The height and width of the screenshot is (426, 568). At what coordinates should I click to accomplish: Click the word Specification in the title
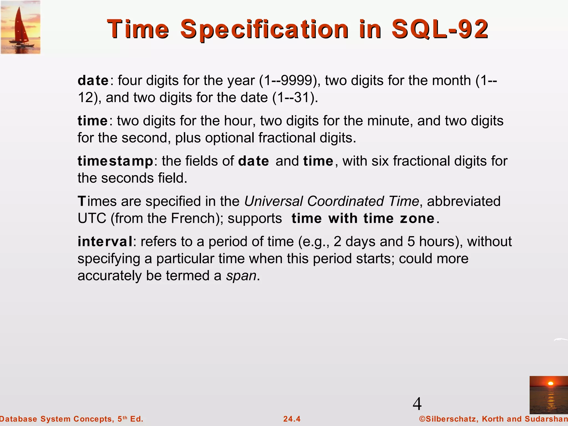pos(264,29)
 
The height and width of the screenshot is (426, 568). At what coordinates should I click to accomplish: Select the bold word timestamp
pos(115,161)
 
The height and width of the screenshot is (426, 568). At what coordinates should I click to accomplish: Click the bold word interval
pos(105,242)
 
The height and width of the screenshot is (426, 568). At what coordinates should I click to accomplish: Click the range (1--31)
pos(295,98)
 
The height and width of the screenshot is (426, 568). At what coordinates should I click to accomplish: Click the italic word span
pos(241,276)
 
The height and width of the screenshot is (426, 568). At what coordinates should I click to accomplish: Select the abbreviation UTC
pos(92,218)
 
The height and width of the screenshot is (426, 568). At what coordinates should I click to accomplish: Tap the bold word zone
pos(417,218)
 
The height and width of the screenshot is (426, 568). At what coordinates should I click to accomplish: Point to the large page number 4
pos(417,404)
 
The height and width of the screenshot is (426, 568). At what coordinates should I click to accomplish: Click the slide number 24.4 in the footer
pos(292,419)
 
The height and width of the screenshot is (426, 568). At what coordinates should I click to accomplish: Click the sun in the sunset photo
pos(551,384)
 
